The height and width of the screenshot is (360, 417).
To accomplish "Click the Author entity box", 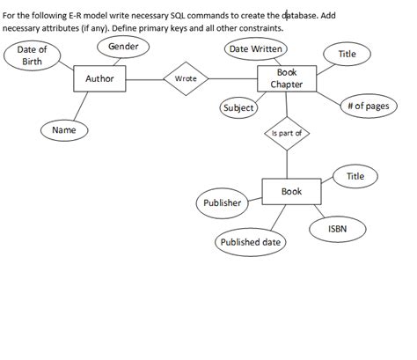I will click(x=100, y=79).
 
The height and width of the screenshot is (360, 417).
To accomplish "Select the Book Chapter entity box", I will click(x=286, y=78).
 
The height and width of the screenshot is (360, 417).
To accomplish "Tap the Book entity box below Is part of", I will click(x=291, y=192).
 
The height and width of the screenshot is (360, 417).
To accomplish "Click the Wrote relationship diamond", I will click(x=186, y=79).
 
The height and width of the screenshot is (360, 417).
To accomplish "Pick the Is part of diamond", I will click(x=287, y=134).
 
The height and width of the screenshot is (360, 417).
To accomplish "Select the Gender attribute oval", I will click(x=122, y=46).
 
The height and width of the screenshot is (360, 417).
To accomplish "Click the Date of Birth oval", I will click(x=32, y=56).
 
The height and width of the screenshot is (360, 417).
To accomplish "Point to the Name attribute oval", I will click(x=63, y=130).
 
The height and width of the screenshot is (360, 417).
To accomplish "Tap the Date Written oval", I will click(x=255, y=49).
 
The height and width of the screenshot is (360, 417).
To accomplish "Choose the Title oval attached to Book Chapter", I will click(x=347, y=55).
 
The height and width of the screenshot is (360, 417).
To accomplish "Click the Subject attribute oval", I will click(x=238, y=108).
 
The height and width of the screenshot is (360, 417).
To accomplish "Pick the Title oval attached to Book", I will click(x=355, y=177).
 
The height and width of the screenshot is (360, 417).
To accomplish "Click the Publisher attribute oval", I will click(x=222, y=203).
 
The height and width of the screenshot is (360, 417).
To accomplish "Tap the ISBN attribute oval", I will click(x=337, y=228).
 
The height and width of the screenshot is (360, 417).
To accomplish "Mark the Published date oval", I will click(x=250, y=242).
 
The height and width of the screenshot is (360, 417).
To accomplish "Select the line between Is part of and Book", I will click(x=287, y=163).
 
